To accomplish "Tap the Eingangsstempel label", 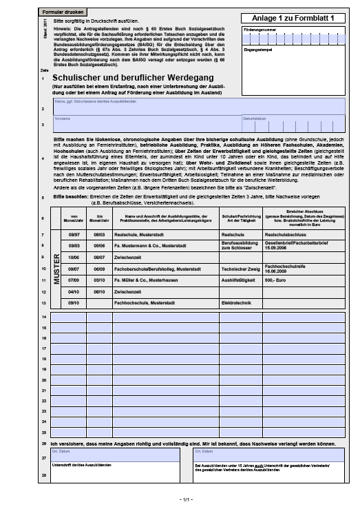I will pyautogui.click(x=258, y=50).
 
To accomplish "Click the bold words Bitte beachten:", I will pyautogui.click(x=67, y=197).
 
